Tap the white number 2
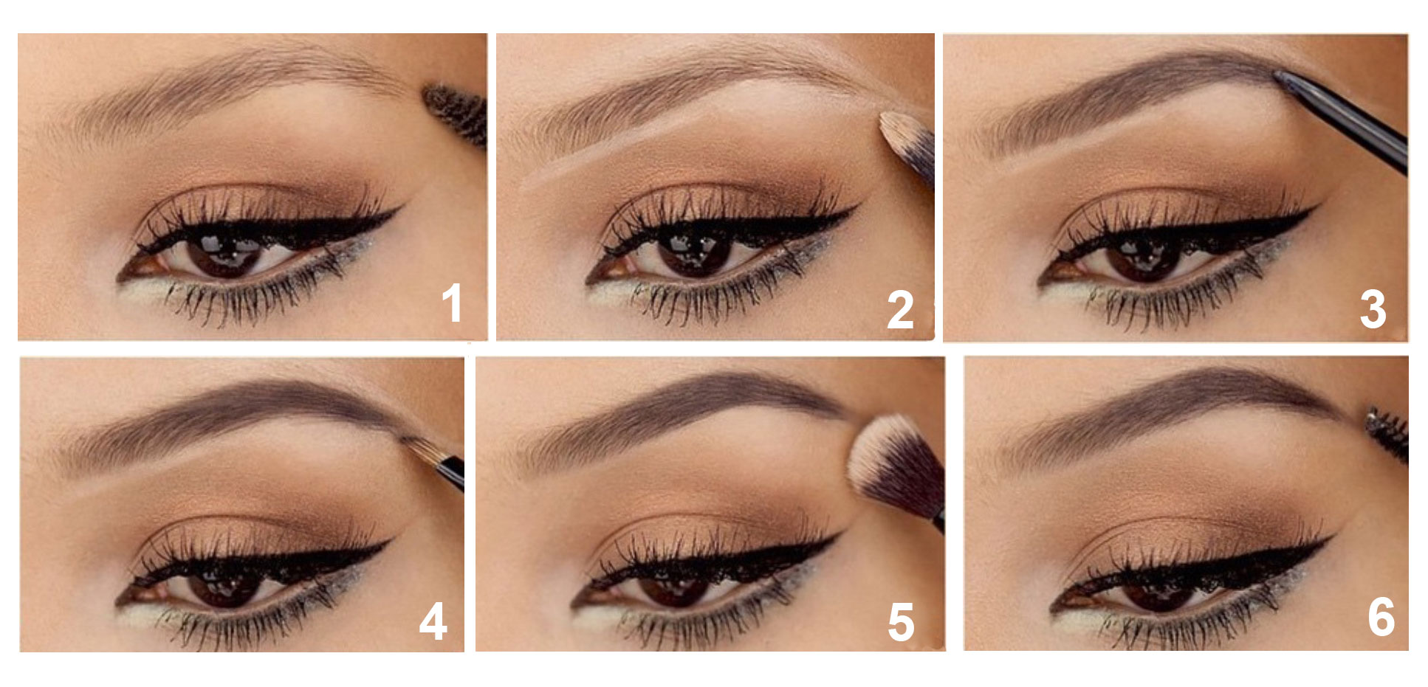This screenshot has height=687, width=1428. [x=900, y=310]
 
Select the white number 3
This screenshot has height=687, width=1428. [x=1373, y=309]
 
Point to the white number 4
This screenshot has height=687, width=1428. [x=433, y=621]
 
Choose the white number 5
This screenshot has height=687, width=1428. [x=901, y=622]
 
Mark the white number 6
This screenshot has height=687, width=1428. [x=1381, y=617]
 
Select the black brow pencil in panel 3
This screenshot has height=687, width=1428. [x=1341, y=121]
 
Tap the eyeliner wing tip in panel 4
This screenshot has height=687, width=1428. [x=391, y=542]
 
